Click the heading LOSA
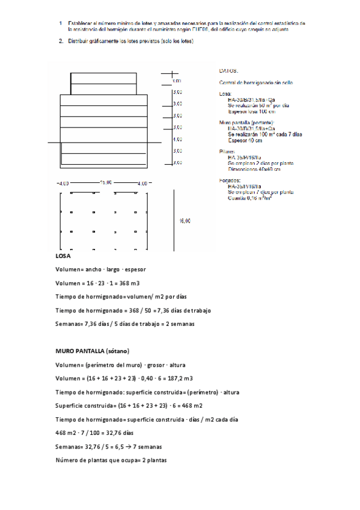(63, 256)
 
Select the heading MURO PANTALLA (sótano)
(93, 350)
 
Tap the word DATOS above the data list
(229, 70)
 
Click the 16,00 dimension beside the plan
(185, 221)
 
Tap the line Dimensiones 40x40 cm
(254, 169)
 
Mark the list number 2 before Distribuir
(61, 41)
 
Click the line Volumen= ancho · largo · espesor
(100, 269)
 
